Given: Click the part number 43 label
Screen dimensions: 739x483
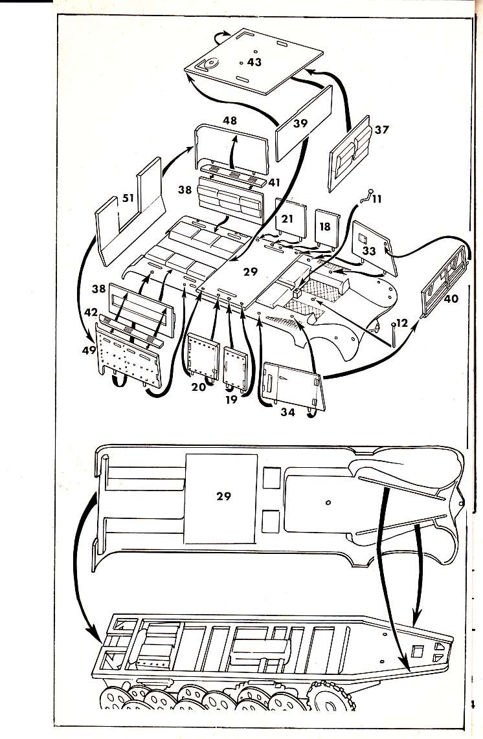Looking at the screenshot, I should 254,62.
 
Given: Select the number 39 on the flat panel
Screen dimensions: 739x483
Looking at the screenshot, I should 300,123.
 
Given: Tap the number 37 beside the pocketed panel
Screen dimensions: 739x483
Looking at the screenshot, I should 381,129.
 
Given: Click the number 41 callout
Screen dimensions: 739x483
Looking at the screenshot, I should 275,183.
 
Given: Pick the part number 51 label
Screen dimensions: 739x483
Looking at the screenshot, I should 128,198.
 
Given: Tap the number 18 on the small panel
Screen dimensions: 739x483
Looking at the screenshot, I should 325,227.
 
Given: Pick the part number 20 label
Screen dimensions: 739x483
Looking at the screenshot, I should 199,386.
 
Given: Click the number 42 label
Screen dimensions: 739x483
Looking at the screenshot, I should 91,311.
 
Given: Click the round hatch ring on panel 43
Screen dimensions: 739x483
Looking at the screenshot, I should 209,64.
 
